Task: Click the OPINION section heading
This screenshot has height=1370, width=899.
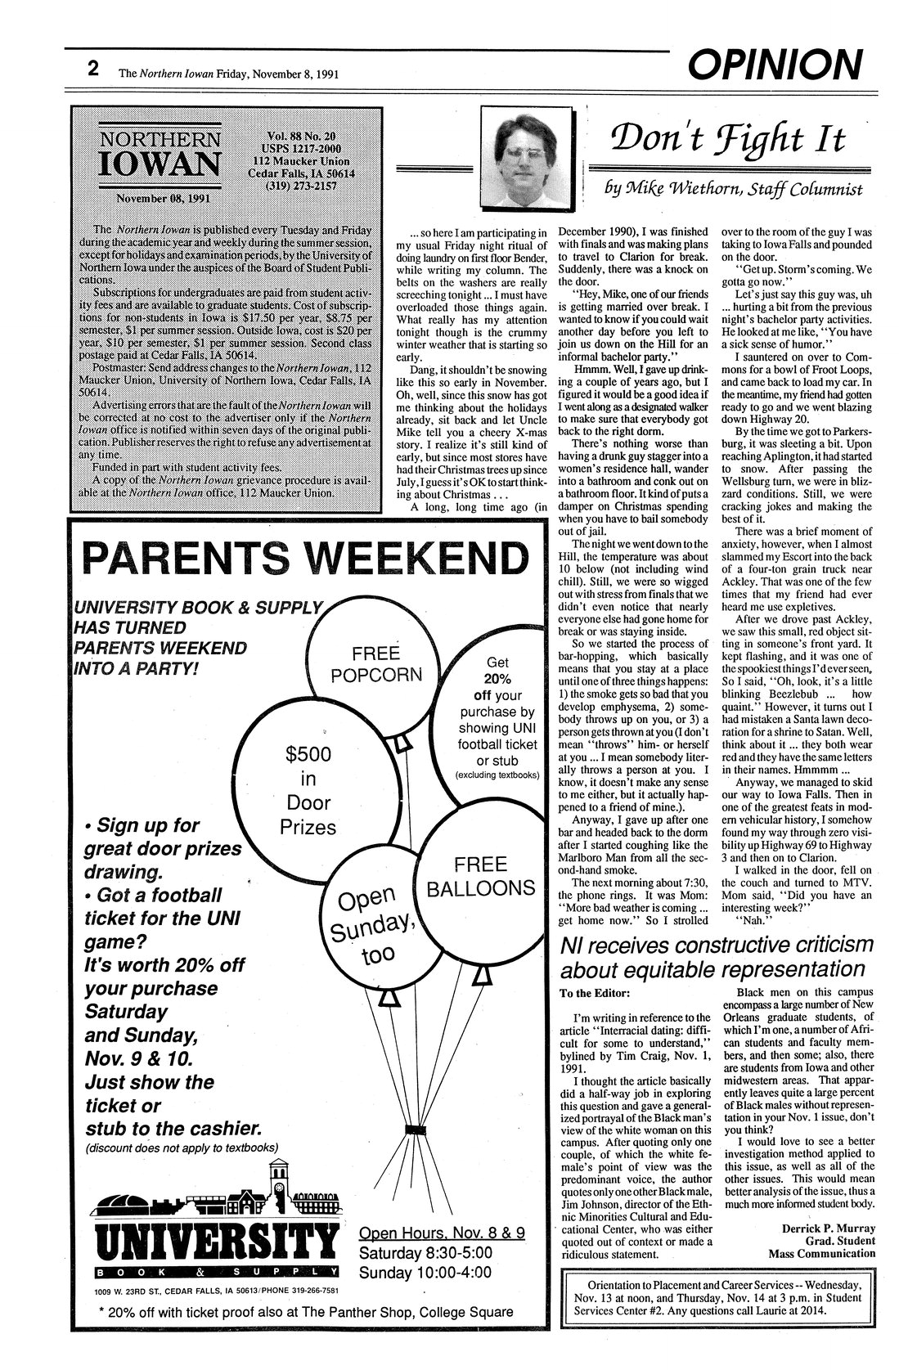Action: coord(775,65)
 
